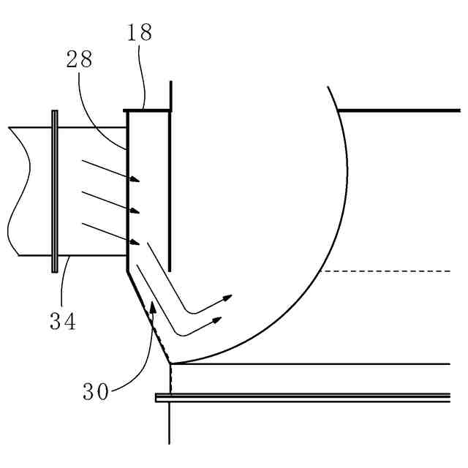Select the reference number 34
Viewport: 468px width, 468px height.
coord(63,320)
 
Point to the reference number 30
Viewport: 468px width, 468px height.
coord(96,392)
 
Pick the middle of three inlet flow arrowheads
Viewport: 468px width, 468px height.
coord(135,211)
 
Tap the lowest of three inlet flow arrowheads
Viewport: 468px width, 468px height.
coord(135,242)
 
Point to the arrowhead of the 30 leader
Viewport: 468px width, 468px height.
coord(153,306)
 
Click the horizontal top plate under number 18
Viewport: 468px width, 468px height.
coord(148,111)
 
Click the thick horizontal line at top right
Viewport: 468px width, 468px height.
coord(399,110)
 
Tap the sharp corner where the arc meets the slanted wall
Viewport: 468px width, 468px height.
coord(170,363)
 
